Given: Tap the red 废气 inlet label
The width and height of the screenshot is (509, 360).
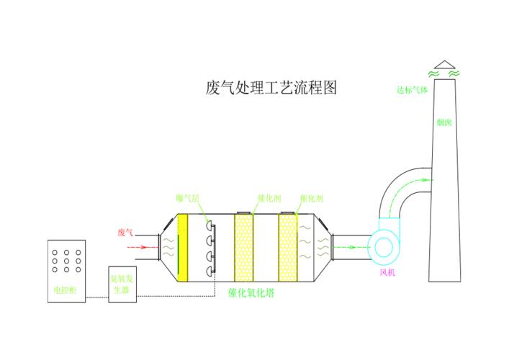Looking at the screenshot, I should point(126,233).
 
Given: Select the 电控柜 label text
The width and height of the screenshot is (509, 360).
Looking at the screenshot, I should point(64,291).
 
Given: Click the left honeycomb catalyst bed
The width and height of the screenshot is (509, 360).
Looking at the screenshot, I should point(244,248).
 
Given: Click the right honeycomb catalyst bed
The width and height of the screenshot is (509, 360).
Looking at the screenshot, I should point(288,248).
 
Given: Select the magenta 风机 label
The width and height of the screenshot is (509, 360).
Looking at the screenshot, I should point(388,274).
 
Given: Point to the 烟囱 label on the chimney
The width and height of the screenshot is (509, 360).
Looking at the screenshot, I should point(443,122).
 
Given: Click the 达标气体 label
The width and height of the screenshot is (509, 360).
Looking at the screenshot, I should point(412,91).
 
